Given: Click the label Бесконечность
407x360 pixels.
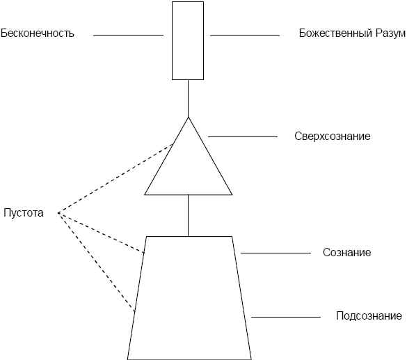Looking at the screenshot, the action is click(x=38, y=33).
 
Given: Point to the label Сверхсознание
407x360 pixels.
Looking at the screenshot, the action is click(x=333, y=136).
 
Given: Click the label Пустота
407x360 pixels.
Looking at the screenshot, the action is click(x=24, y=213).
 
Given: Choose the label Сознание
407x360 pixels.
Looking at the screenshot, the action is click(x=346, y=253).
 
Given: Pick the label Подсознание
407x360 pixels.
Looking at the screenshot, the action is click(x=369, y=316).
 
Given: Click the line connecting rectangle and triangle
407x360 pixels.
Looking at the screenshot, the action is click(x=188, y=98).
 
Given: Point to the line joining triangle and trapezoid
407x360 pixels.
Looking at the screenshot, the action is click(x=188, y=215).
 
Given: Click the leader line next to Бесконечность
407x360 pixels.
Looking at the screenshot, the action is click(x=128, y=35).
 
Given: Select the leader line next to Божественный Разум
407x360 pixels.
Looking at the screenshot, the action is click(x=245, y=35).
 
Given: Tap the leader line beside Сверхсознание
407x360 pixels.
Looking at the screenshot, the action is click(x=243, y=136).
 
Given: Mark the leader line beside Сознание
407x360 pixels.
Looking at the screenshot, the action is click(x=276, y=253).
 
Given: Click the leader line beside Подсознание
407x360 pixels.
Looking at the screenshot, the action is click(x=286, y=317).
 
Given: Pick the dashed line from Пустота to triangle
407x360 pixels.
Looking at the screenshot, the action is click(x=115, y=178).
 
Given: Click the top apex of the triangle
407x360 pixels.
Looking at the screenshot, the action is click(x=188, y=118).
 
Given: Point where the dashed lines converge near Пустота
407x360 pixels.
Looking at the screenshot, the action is click(x=58, y=213).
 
